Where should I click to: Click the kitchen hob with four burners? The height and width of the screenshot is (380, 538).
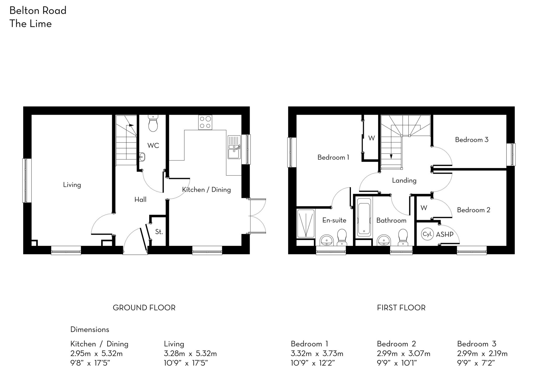205,122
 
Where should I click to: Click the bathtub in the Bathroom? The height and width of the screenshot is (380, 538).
364,217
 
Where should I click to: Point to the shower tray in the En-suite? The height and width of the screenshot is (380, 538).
306,224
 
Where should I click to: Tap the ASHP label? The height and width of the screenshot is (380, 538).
444,234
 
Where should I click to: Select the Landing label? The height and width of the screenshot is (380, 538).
404,180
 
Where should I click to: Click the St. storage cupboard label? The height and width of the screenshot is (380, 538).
159,232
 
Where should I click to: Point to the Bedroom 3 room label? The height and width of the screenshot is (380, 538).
472,140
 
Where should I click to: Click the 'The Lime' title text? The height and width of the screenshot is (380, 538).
30,24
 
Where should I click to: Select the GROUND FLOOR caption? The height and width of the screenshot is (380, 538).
144,308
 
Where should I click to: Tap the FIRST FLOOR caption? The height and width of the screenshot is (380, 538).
401,308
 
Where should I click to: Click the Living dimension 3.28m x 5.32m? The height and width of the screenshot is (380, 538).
190,353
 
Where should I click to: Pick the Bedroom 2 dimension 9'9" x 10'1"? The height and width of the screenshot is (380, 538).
397,363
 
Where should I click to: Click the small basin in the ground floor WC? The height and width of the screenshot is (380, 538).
142,157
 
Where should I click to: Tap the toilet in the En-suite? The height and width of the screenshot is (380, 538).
342,237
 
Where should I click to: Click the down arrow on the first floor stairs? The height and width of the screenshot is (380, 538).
391,156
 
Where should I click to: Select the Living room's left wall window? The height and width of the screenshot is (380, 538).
25,180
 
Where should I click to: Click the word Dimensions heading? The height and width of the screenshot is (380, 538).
90,330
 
